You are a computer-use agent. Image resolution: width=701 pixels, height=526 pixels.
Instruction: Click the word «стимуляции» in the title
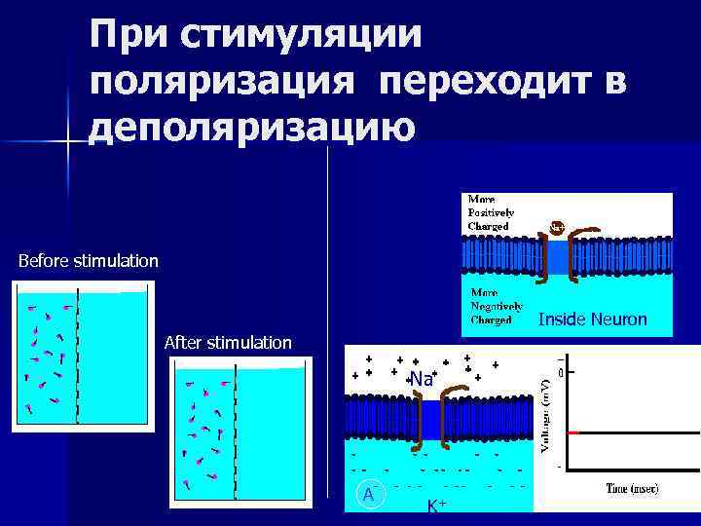point(302,37)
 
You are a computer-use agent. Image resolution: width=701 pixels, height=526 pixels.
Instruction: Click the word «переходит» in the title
point(493,82)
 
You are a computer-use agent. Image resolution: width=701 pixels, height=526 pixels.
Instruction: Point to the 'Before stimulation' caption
point(88,261)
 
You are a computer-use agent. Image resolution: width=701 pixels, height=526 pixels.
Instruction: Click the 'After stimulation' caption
point(228,343)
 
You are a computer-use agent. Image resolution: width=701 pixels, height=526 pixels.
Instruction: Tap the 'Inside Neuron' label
point(592,319)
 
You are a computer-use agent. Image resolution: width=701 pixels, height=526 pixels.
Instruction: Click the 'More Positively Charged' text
point(491,212)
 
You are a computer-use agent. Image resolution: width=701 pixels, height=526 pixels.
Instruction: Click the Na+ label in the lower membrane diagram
point(422,379)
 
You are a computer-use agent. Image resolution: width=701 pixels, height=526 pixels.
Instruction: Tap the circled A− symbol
point(368,494)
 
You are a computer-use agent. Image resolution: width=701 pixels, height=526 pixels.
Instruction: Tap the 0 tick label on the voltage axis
point(562,372)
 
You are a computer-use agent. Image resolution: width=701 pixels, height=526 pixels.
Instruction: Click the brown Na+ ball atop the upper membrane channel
point(556,227)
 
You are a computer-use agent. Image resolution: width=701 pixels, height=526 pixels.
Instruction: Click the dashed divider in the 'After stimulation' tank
point(235,429)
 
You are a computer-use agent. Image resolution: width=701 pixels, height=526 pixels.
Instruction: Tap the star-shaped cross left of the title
point(67,142)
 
